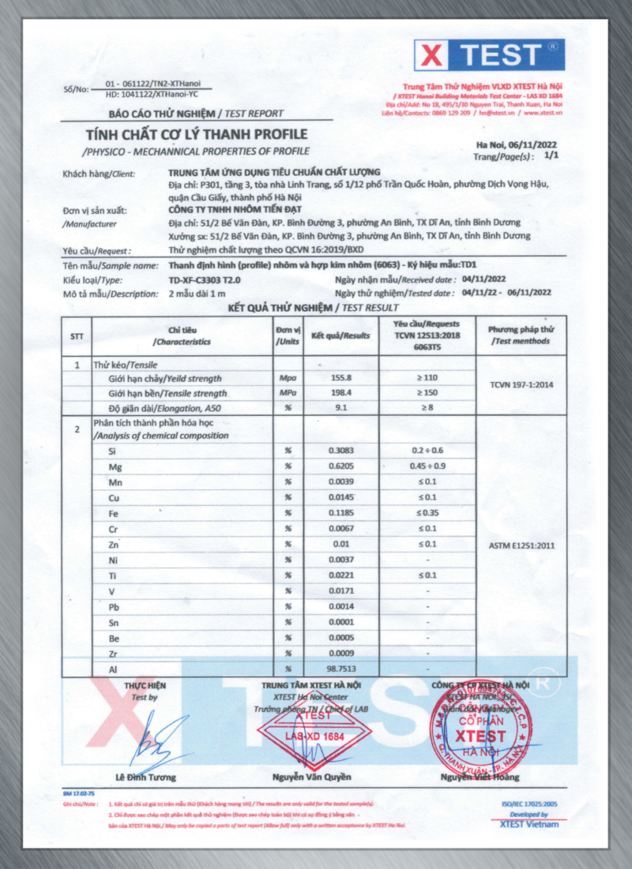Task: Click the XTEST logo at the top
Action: pyautogui.click(x=489, y=55)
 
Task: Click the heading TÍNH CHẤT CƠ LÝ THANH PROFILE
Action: pyautogui.click(x=197, y=134)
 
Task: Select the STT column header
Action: pyautogui.click(x=77, y=335)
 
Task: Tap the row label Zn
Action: pyautogui.click(x=112, y=545)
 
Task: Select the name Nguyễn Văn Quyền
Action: pyautogui.click(x=312, y=777)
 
